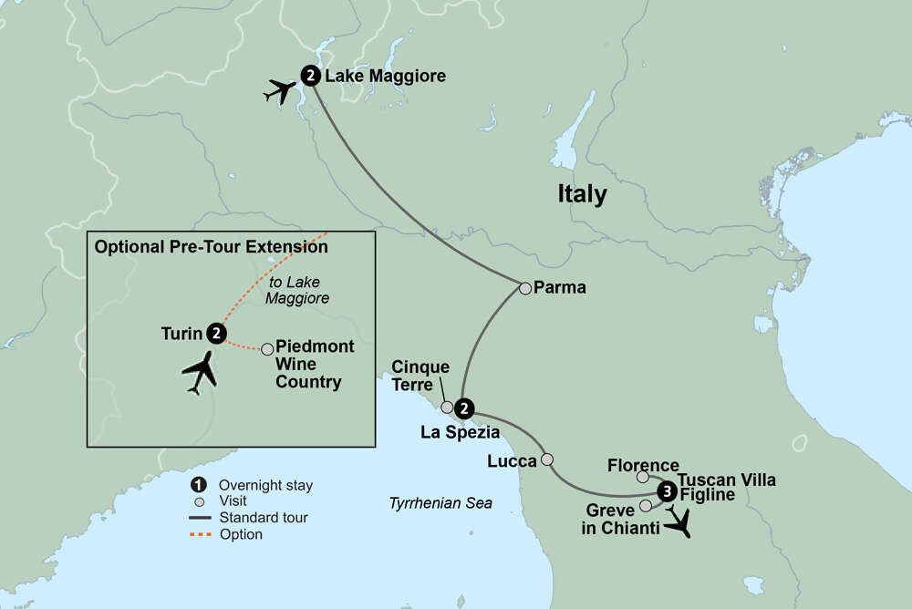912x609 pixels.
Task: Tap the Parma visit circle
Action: click(x=525, y=288)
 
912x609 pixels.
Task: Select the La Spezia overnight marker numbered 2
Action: click(x=464, y=407)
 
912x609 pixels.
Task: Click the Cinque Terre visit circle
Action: click(x=447, y=408)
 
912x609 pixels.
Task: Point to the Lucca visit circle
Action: click(x=547, y=459)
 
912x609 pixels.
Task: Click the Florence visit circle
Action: click(x=643, y=477)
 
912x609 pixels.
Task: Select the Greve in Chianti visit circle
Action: click(x=646, y=505)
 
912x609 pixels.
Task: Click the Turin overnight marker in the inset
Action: click(x=216, y=334)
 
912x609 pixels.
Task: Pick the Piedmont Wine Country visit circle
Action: click(x=267, y=349)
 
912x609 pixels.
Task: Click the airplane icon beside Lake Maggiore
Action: click(x=281, y=91)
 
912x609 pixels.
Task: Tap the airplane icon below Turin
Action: click(x=202, y=373)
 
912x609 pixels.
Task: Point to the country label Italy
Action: click(x=583, y=194)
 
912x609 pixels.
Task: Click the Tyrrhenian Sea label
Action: click(x=440, y=502)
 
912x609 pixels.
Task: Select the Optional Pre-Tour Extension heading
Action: click(x=212, y=246)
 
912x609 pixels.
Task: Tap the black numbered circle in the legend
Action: click(x=197, y=484)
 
